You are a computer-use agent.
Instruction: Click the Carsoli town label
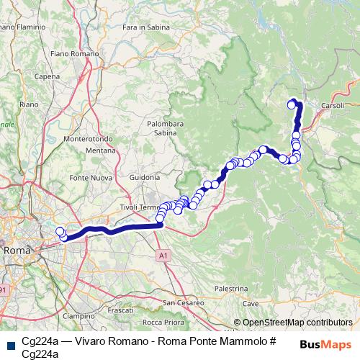click(x=333, y=105)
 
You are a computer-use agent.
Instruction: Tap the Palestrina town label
click(x=231, y=287)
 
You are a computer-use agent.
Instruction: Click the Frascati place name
click(x=120, y=310)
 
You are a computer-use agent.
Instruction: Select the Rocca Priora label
click(x=162, y=322)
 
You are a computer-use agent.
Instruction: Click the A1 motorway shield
click(x=163, y=255)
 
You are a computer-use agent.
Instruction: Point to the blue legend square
click(x=9, y=345)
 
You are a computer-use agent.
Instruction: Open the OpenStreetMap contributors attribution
click(x=297, y=323)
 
